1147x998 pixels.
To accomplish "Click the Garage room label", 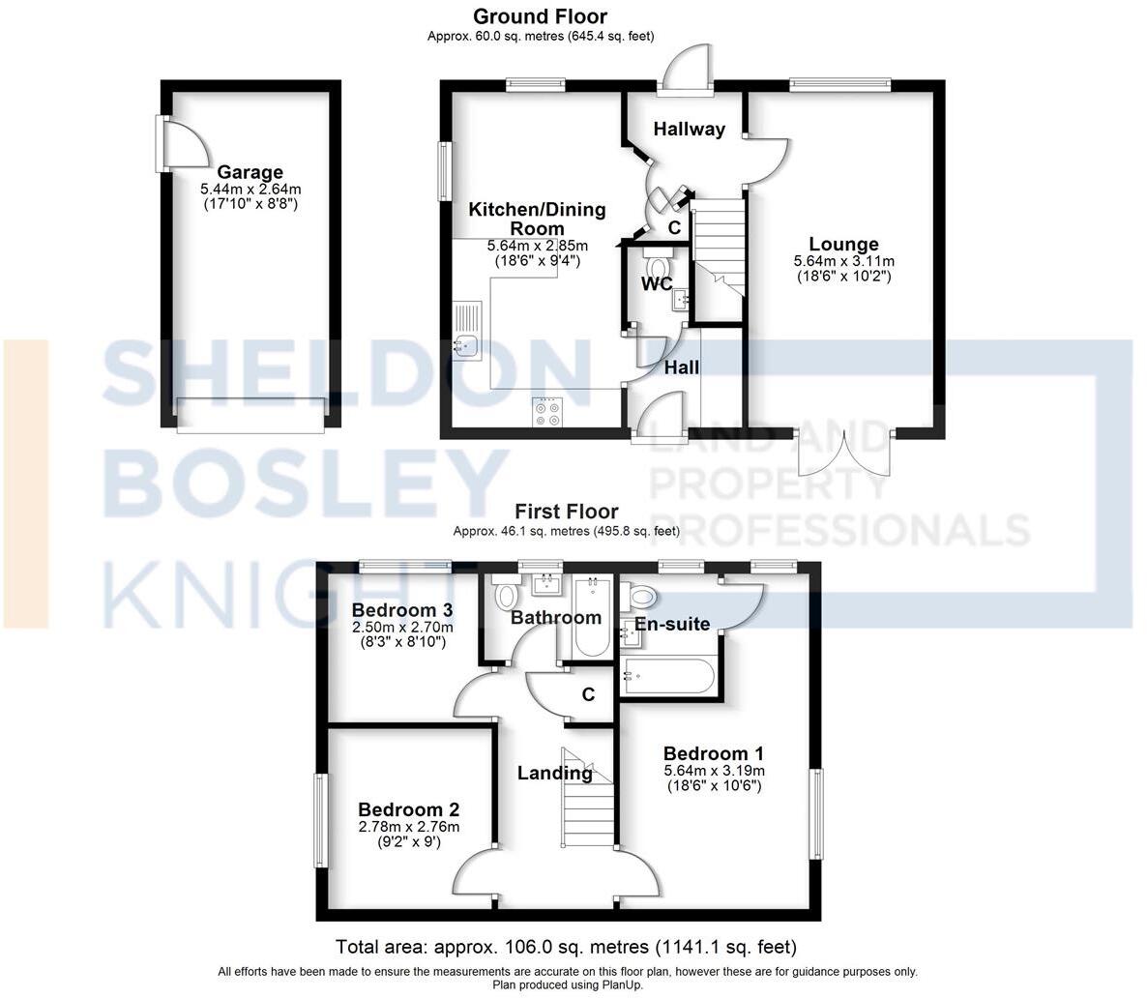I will click(250, 172).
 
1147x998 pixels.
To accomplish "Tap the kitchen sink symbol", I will click(468, 344).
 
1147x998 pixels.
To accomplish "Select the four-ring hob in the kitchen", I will click(546, 413).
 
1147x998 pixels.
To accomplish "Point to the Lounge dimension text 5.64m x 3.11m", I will click(843, 261).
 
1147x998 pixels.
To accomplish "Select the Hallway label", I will click(689, 130).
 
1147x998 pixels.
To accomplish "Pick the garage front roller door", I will click(250, 415).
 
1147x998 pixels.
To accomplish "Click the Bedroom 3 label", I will click(402, 610).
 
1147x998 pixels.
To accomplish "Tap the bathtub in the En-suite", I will click(668, 671).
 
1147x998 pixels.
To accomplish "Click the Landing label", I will click(554, 773).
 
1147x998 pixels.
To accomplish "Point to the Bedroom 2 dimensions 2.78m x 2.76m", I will click(408, 826).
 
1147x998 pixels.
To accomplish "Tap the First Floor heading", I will click(566, 512).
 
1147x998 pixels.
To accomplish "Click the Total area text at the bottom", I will click(566, 947).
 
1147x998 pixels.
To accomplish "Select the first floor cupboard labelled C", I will click(587, 694).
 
